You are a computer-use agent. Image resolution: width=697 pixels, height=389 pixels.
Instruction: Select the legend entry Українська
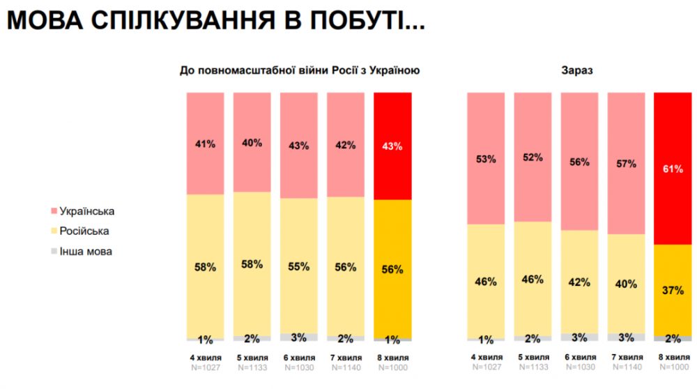tap(87, 211)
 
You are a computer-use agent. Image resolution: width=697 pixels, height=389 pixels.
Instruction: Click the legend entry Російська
tap(84, 231)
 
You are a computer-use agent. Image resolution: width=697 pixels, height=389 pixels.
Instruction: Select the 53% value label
tap(485, 159)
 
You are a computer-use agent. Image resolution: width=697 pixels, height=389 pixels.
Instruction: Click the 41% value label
tap(205, 144)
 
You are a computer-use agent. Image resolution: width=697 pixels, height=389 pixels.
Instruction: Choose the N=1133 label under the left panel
tap(252, 367)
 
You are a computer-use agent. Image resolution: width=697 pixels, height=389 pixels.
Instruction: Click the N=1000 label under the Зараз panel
tap(673, 367)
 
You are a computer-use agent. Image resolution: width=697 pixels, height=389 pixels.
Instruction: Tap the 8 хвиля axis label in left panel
tap(392, 358)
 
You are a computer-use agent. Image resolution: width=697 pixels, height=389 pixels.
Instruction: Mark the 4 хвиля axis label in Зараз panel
tap(485, 358)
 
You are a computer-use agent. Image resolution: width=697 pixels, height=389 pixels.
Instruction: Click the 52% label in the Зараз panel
tap(533, 158)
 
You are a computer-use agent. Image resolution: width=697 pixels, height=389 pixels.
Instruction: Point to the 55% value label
tap(298, 267)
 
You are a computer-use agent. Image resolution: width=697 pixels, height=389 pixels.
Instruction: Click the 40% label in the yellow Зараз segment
tap(626, 284)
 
